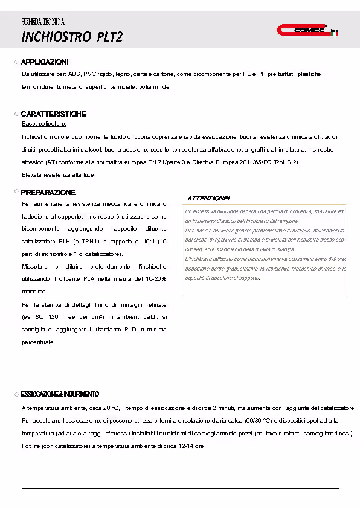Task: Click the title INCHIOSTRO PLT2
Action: pos(72,37)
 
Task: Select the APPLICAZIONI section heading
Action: pos(45,62)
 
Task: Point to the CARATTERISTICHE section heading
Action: pos(54,114)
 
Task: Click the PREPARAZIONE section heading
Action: pos(48,192)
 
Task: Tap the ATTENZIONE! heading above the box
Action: pos(208,198)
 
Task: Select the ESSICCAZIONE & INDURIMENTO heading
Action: pos(60,394)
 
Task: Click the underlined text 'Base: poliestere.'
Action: pos(44,124)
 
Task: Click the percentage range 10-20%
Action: pos(155,278)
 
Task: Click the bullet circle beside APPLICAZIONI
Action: pos(17,62)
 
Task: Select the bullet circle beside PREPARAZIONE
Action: pos(17,192)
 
